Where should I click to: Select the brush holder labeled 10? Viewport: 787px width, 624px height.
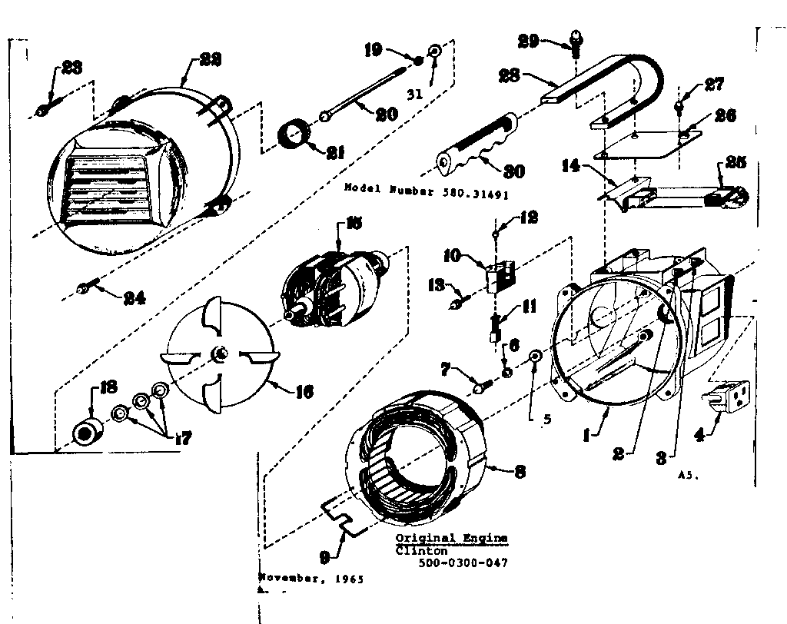coord(498,276)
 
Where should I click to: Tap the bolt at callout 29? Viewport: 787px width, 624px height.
coord(574,38)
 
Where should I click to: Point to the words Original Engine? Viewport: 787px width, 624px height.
coord(451,539)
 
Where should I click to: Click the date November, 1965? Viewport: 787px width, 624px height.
coord(311,578)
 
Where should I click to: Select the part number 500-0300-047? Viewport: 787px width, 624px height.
coord(463,563)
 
